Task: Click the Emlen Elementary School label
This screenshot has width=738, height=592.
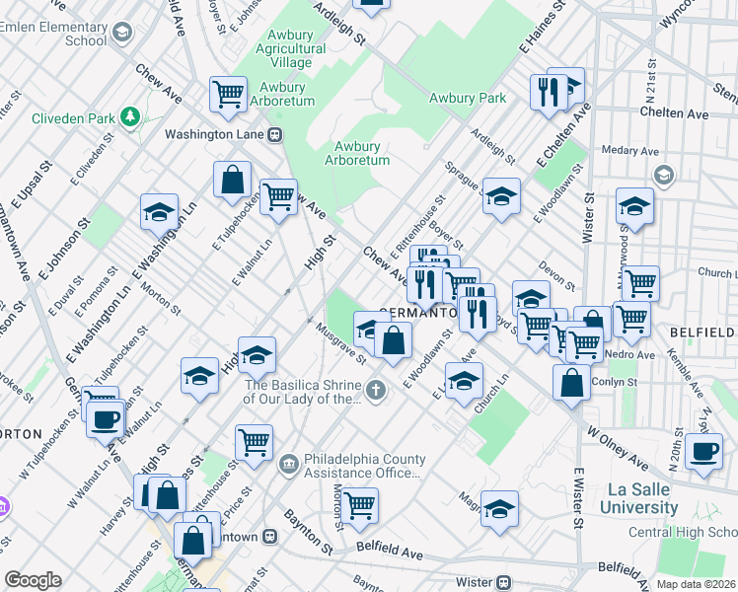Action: (59, 33)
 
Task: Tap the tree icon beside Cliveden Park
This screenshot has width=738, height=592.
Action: (130, 118)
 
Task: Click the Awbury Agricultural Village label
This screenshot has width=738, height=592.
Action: (290, 48)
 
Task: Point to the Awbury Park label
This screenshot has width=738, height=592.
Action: (468, 98)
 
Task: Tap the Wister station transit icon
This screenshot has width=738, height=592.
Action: (503, 582)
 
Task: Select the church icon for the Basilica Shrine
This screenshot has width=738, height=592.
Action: (375, 392)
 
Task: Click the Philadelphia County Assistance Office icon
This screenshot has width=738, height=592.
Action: (288, 462)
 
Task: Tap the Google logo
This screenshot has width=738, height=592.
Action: (33, 580)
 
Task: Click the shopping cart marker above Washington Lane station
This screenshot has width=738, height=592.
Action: (228, 94)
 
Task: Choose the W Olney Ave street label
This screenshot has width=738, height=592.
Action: (617, 447)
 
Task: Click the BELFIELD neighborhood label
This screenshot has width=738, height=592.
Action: (702, 333)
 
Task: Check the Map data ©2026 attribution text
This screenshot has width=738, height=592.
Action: (695, 584)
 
